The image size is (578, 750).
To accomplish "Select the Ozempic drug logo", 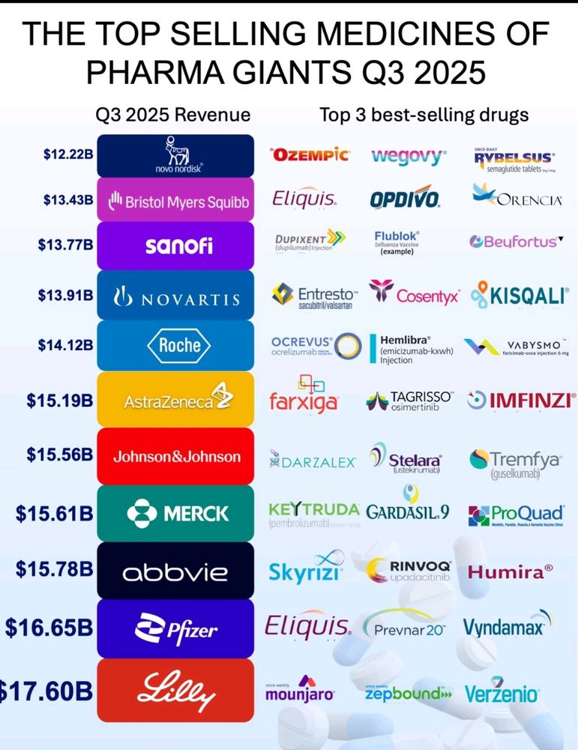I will (309, 155).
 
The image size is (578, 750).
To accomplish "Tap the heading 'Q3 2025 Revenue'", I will (172, 115).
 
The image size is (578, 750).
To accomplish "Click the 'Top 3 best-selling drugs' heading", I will (424, 115).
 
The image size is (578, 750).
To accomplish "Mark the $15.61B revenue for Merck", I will (55, 513).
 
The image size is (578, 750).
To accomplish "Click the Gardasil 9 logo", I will (409, 508).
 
